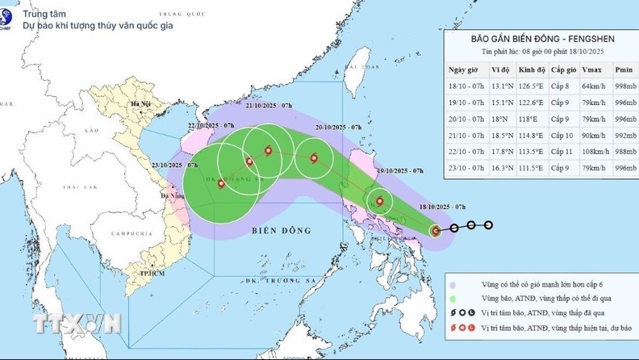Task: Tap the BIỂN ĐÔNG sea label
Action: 286,231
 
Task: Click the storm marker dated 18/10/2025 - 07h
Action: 436,231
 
